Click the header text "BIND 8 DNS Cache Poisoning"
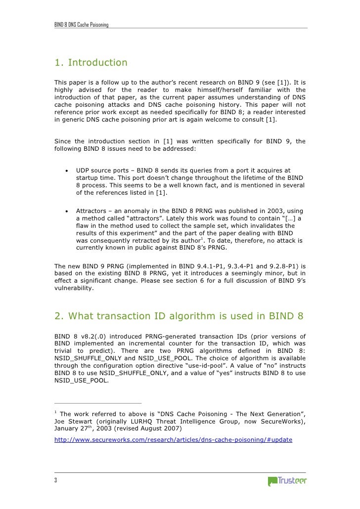tap(82, 25)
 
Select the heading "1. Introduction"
tap(91, 63)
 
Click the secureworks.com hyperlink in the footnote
tap(173, 439)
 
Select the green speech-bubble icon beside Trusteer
tap(272, 481)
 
